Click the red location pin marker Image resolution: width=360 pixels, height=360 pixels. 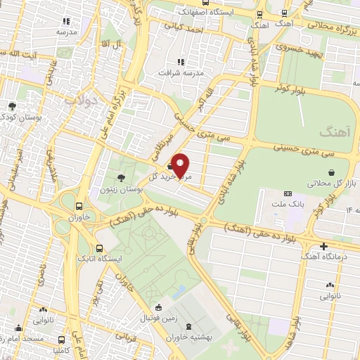pos(181,165)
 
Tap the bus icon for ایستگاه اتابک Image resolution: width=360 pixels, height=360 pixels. pos(99,248)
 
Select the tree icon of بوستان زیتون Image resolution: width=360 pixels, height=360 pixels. pos(122,178)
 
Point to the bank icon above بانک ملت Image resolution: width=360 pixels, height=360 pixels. pos(287,193)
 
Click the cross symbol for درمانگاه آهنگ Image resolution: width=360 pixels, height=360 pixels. pos(323,246)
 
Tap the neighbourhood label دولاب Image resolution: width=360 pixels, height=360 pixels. pos(80,99)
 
